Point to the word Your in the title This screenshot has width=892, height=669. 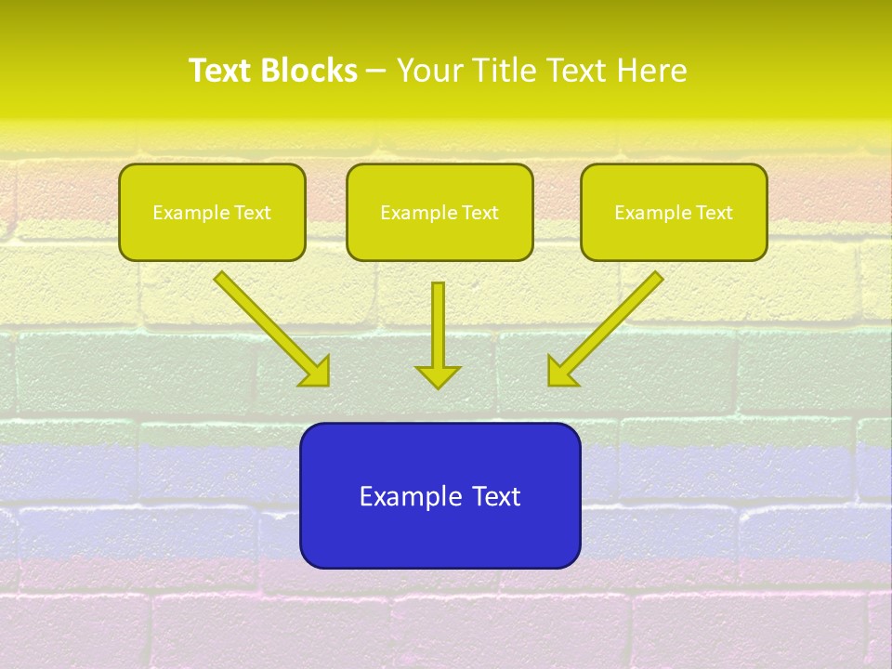click(x=429, y=71)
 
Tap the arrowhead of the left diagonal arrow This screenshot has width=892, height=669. click(x=316, y=372)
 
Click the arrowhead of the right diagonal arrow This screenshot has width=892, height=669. click(x=560, y=372)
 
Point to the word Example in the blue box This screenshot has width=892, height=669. click(x=410, y=496)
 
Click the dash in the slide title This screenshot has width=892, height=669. click(x=376, y=72)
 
